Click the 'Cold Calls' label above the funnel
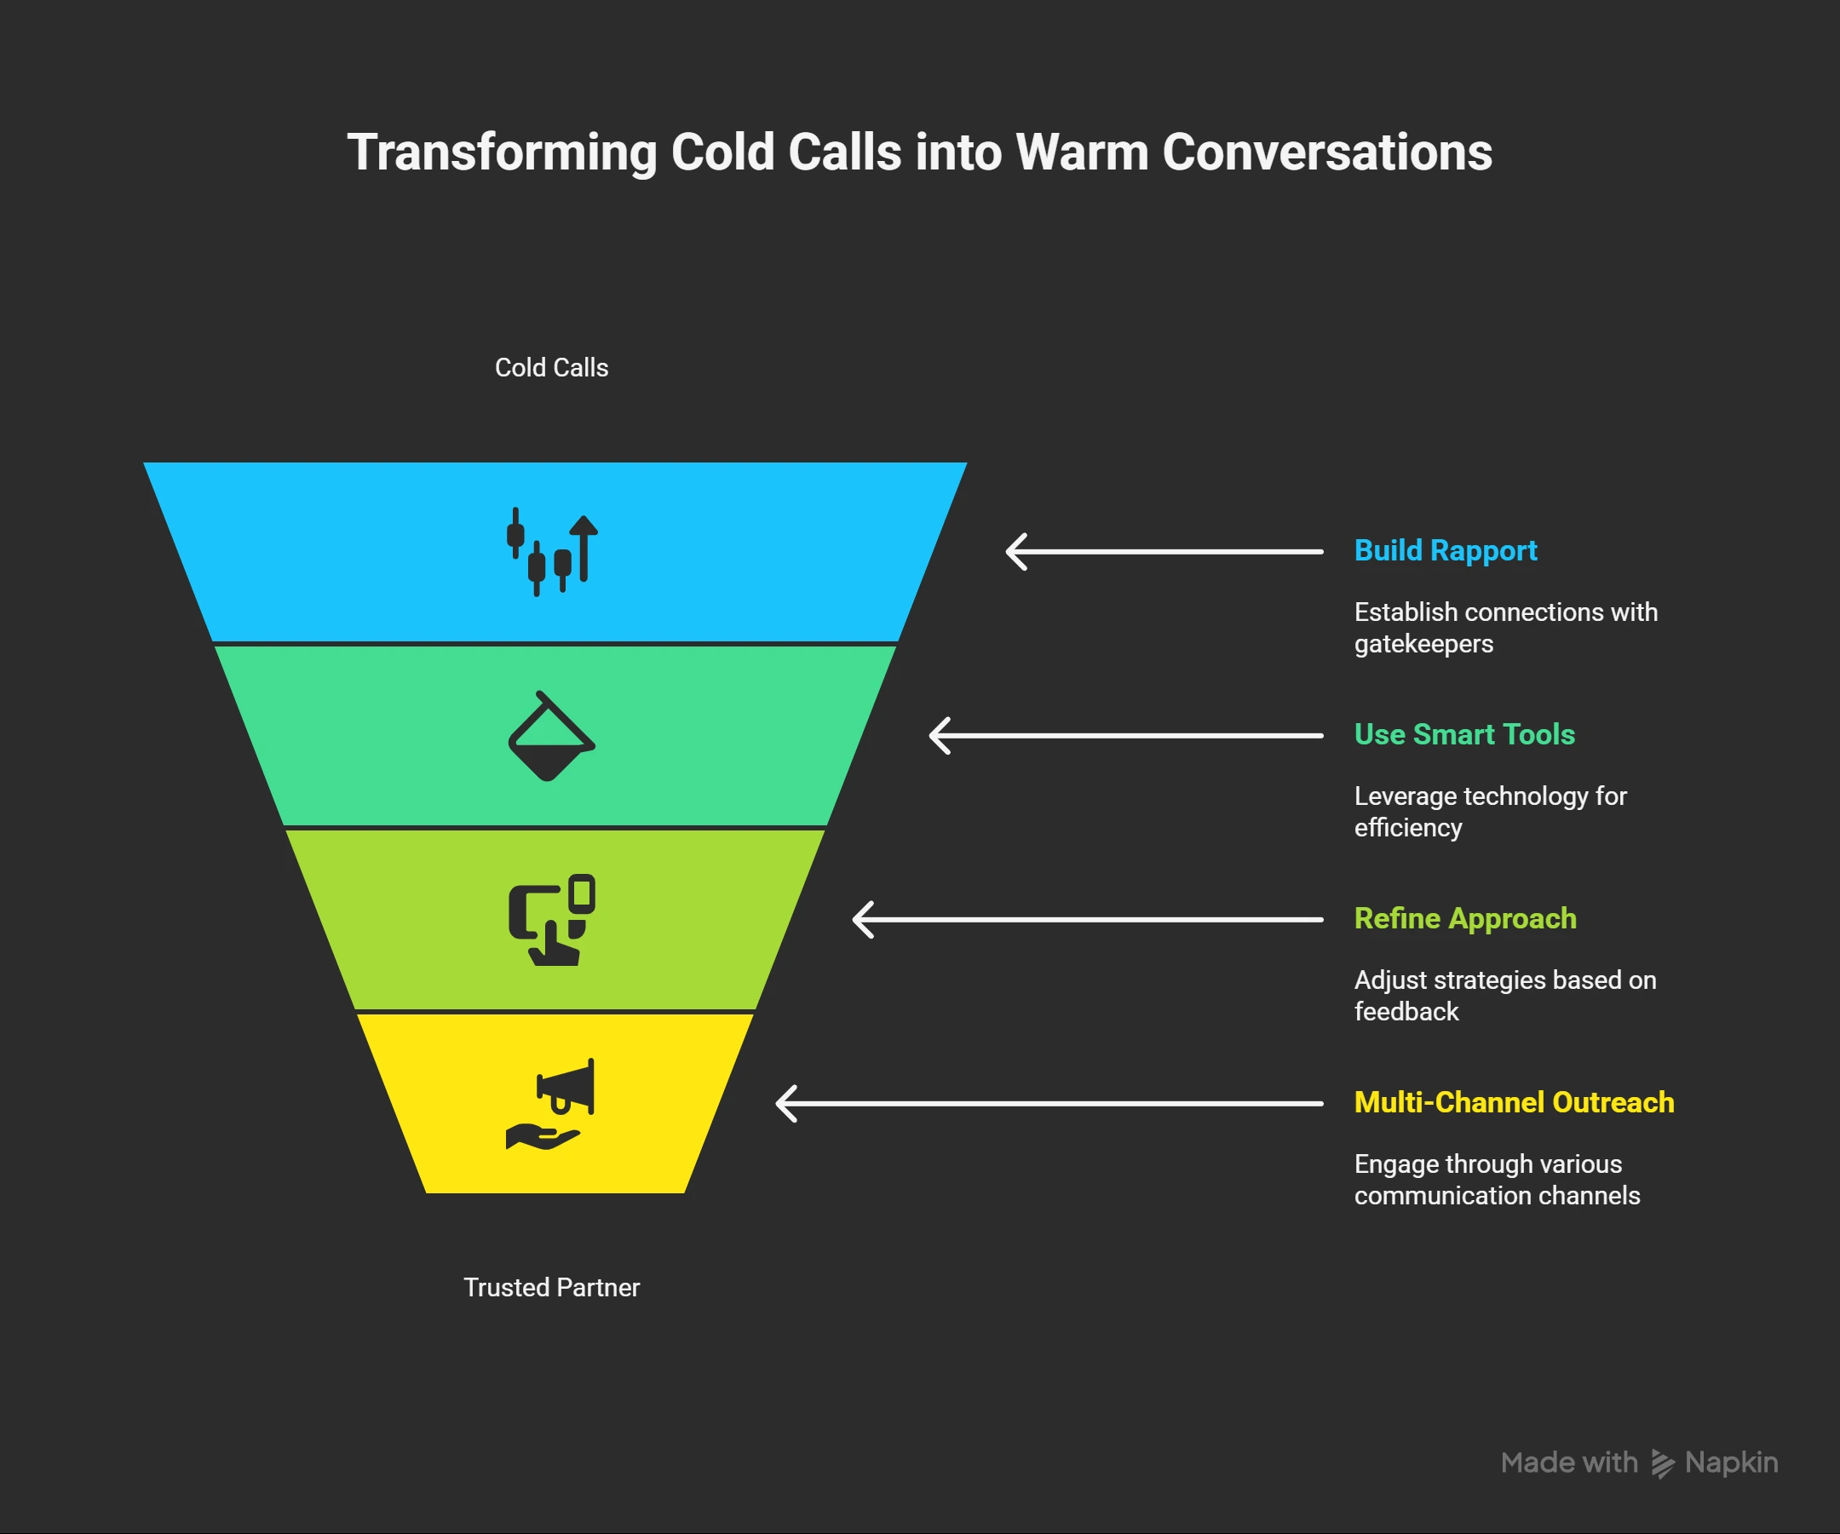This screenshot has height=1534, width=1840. coord(551,367)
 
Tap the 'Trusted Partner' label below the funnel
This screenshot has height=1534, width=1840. coord(551,1287)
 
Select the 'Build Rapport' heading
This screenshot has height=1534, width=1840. coord(1445,550)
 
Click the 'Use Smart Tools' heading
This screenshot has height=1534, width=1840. coord(1464,734)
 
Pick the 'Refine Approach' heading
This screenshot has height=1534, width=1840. coord(1465,918)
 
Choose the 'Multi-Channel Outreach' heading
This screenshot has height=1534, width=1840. coord(1513,1102)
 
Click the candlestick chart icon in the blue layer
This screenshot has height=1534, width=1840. coord(552,551)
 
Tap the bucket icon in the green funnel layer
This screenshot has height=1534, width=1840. coord(551,736)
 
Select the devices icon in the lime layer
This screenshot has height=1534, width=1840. coord(552,919)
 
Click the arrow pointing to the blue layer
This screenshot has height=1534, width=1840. coord(1164,551)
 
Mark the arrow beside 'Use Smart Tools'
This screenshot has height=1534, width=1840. coord(1126,735)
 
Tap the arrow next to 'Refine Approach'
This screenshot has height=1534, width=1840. coord(1087,919)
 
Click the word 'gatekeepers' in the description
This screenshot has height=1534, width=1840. coord(1423,644)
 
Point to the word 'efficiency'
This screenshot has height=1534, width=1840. coord(1407,828)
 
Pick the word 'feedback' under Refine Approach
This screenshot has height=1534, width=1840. coord(1406,1012)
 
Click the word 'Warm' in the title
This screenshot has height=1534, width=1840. coord(1081,152)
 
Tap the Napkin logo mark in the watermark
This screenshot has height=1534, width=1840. coord(1662,1463)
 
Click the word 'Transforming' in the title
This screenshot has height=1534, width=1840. coord(502,152)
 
